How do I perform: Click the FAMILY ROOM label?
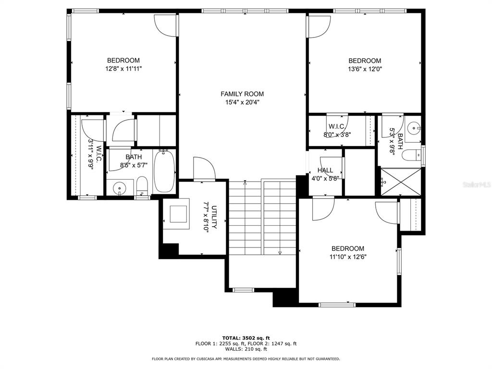242,94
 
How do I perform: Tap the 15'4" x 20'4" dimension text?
242,102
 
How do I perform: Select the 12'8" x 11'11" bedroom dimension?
123,69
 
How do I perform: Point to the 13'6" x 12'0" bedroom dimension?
365,69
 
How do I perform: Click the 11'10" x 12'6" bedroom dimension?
348,257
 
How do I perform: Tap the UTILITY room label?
214,217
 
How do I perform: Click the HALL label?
325,170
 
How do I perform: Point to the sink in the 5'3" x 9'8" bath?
413,128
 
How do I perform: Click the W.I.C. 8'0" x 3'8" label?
336,131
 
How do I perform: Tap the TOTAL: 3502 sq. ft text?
246,337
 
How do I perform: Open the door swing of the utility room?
204,168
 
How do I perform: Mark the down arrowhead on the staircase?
280,252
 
